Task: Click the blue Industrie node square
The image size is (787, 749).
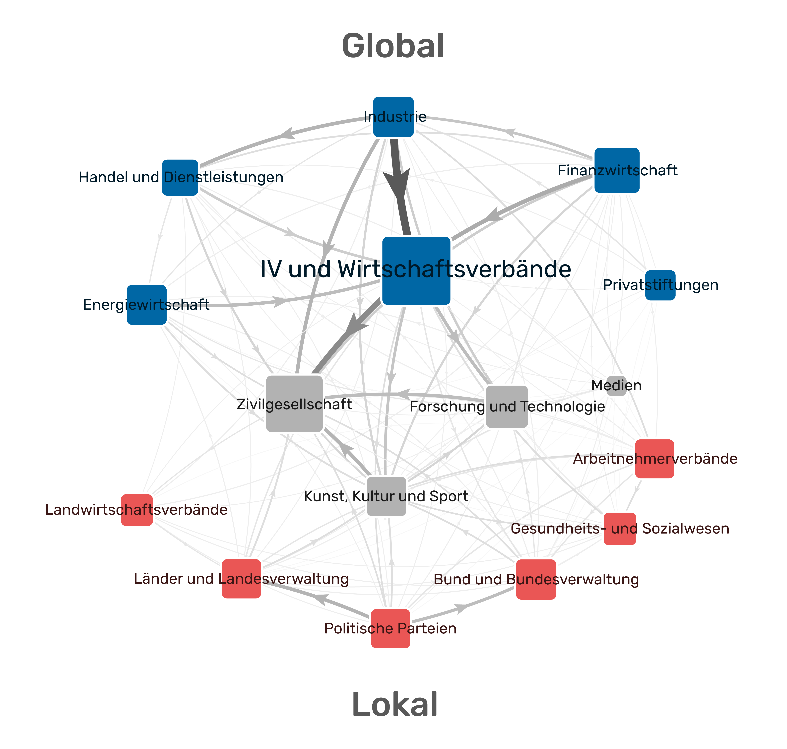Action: click(x=393, y=117)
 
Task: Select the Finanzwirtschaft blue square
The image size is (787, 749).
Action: click(x=617, y=170)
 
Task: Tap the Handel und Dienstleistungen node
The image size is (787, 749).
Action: click(x=180, y=178)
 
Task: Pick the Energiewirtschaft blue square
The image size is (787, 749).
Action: click(x=146, y=305)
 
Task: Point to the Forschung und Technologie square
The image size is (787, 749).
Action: click(x=507, y=407)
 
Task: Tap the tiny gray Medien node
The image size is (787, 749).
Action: click(x=616, y=386)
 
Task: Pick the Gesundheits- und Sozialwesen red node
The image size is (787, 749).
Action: click(x=620, y=529)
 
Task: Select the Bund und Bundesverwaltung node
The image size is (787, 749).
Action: click(x=536, y=579)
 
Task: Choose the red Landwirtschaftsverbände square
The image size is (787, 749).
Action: click(x=137, y=510)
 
